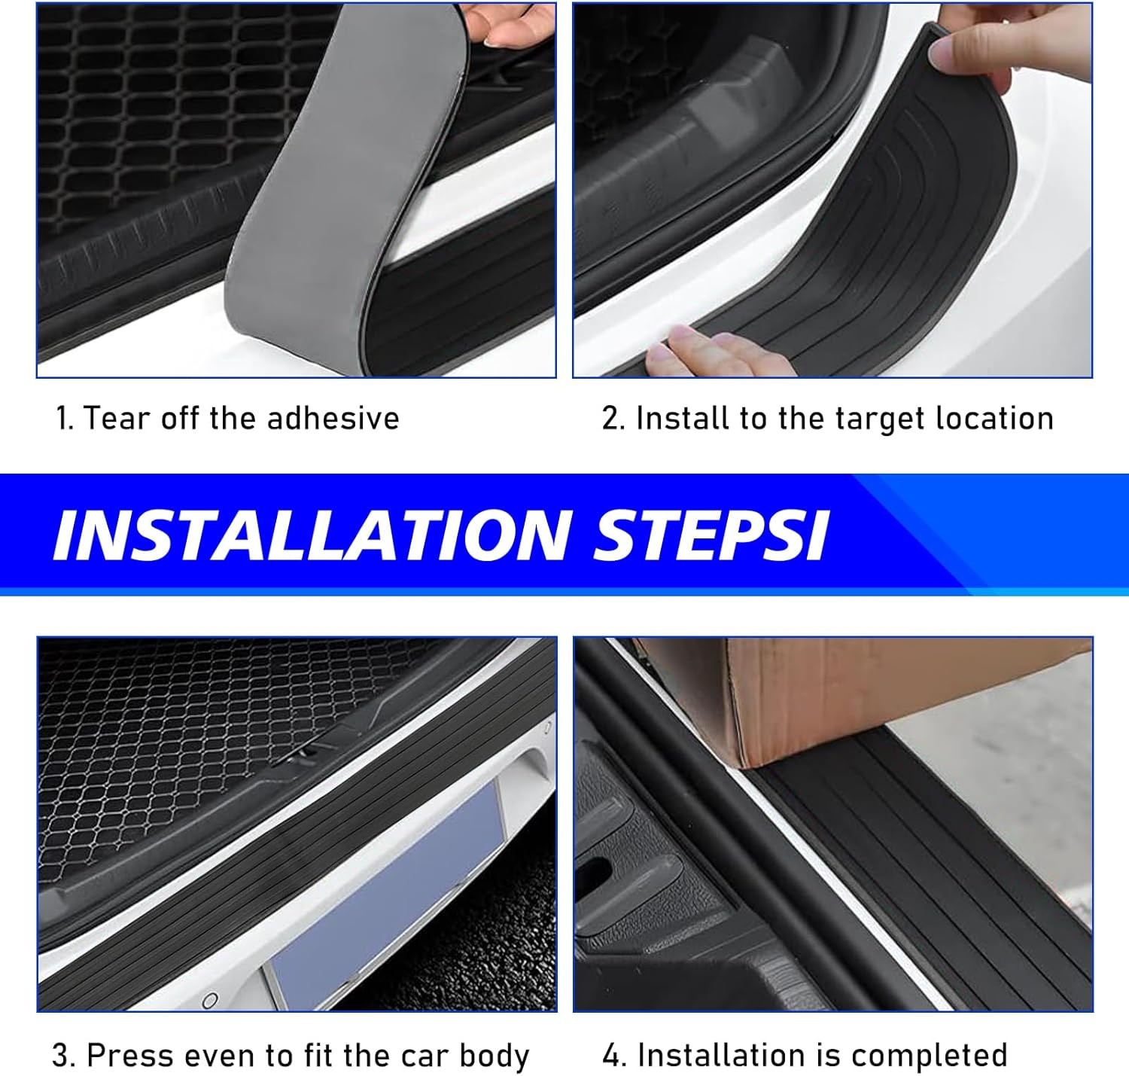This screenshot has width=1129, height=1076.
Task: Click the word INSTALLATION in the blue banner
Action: [312, 535]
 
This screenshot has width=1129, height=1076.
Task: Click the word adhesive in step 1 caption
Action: [333, 418]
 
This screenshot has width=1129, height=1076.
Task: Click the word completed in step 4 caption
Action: [929, 1056]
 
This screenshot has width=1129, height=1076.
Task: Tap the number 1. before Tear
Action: [65, 418]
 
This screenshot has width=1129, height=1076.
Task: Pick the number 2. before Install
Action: [613, 418]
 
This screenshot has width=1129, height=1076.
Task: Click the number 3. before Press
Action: [64, 1056]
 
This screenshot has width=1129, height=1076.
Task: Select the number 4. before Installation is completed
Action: [614, 1056]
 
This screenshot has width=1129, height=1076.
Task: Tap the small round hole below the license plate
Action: [211, 1000]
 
